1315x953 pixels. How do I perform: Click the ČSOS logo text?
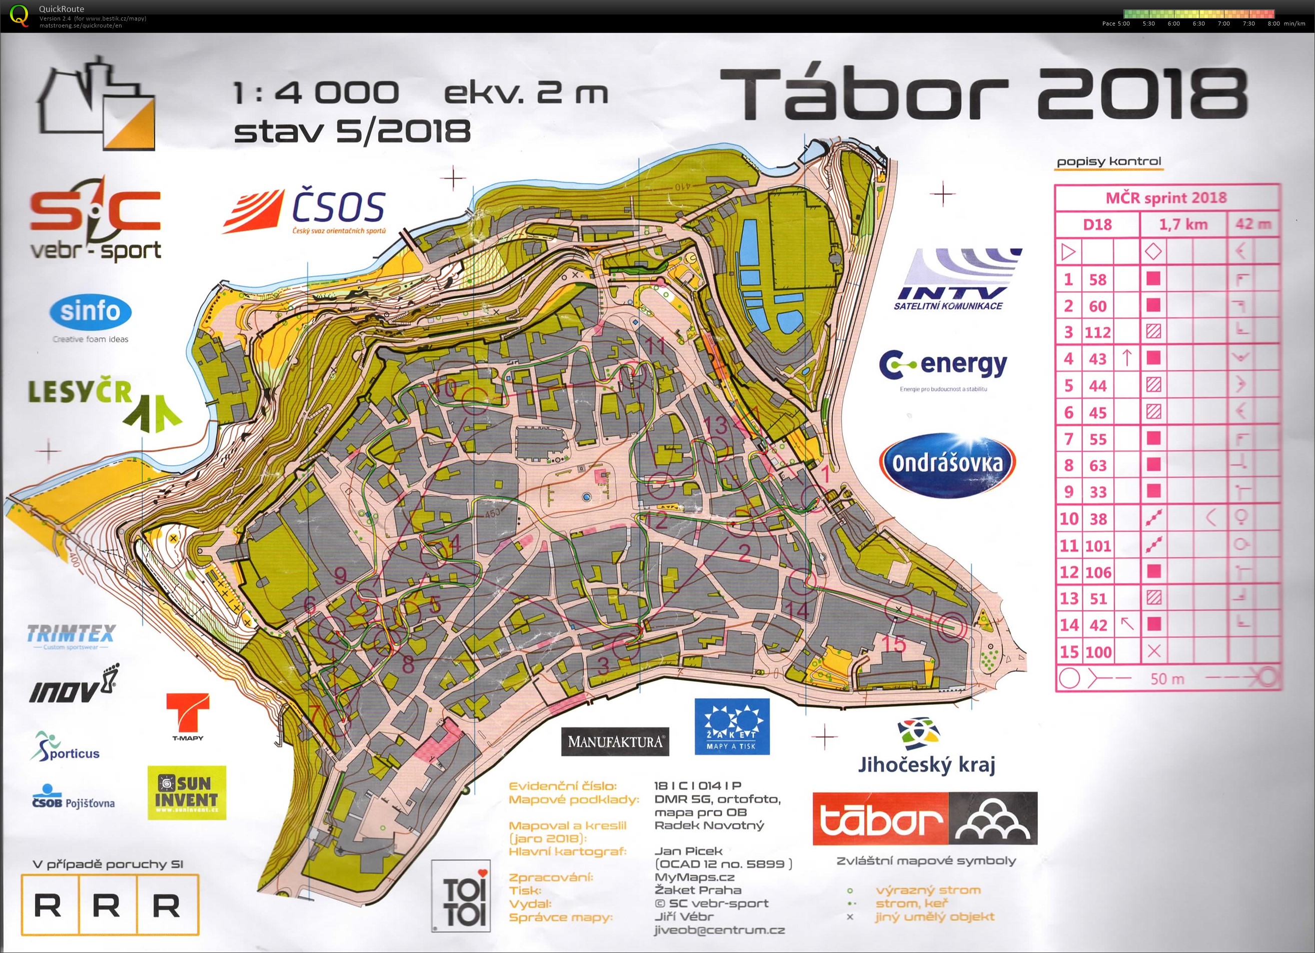click(x=339, y=207)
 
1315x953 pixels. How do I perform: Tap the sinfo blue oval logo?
click(x=91, y=312)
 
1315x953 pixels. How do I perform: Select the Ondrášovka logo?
click(x=947, y=463)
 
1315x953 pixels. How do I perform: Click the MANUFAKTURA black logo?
click(x=615, y=741)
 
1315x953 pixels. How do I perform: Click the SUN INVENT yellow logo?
click(x=186, y=792)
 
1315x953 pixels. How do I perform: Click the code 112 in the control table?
click(x=1097, y=332)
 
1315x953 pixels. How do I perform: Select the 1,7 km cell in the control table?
click(x=1183, y=225)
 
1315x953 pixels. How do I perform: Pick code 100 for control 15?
click(x=1097, y=652)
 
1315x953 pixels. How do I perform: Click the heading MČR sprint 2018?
click(x=1166, y=198)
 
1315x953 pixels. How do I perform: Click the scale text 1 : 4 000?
click(x=316, y=93)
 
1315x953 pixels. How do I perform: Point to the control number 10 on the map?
click(x=445, y=388)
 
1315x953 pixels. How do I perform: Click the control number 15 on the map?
click(x=893, y=644)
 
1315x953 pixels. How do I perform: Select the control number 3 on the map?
click(x=604, y=665)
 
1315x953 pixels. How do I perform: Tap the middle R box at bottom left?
click(x=107, y=905)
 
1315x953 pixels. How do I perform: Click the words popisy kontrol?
click(x=1108, y=162)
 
